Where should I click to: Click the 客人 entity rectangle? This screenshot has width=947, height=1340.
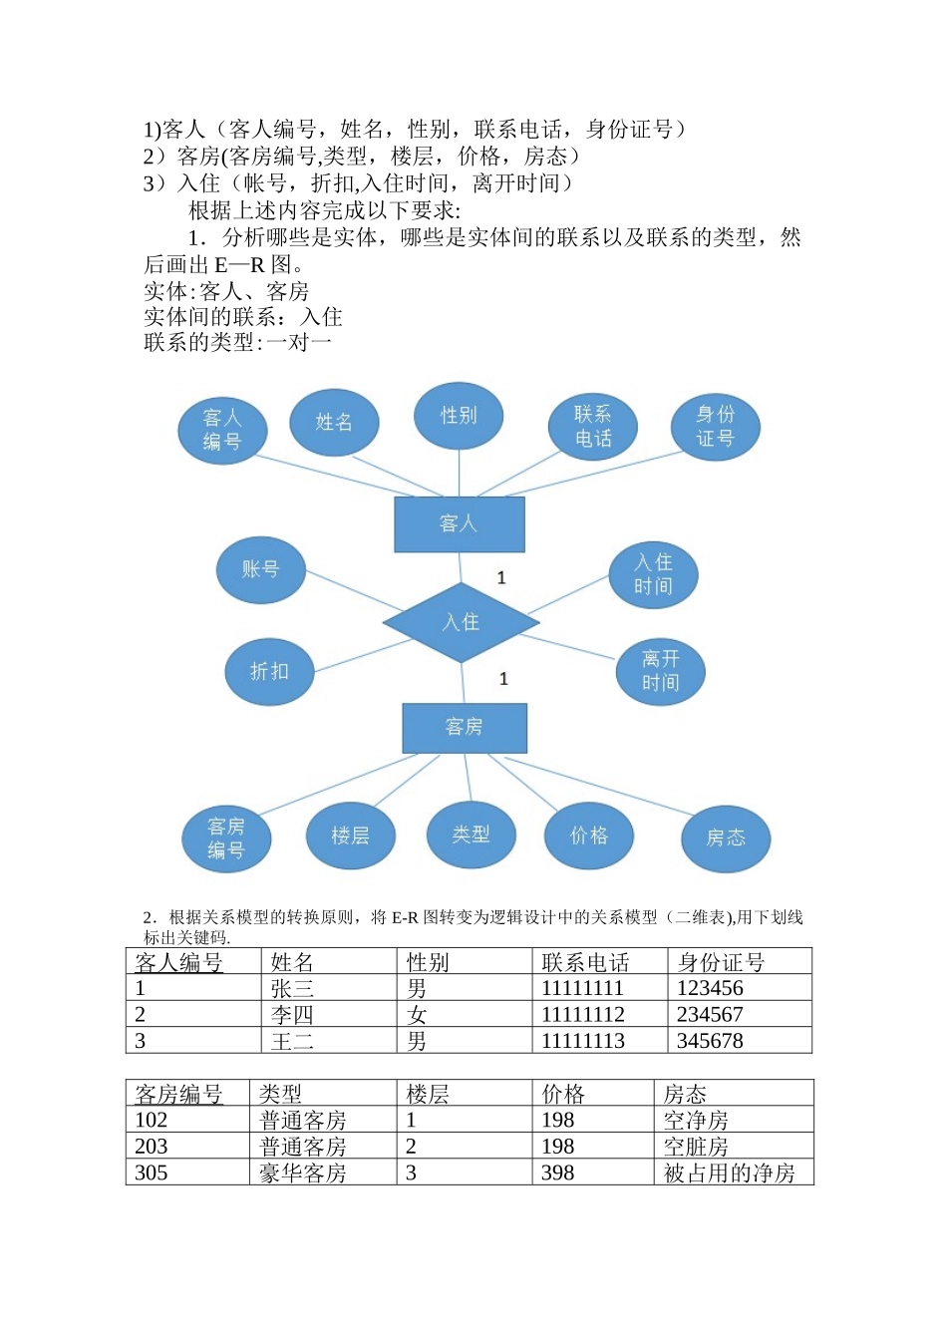pos(459,523)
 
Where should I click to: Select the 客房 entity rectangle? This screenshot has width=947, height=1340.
pos(464,728)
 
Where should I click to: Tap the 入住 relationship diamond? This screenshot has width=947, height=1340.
pos(461,622)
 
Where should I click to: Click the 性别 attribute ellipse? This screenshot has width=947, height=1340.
pos(459,415)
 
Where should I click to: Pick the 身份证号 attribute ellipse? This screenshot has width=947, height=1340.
pos(715,426)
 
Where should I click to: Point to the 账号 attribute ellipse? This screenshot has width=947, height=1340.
pos(260,569)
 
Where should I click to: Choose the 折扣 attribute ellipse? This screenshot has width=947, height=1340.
pos(269,671)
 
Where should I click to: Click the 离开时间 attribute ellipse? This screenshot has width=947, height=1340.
pos(660,671)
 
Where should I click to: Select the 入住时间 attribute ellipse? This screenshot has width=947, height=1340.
pos(653,574)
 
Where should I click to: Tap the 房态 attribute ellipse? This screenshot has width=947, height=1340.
pos(726,837)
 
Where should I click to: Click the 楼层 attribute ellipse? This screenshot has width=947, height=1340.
pos(350,836)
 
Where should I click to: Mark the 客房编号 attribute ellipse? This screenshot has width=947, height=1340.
pos(226,837)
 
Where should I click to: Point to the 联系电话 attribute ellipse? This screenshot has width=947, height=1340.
pos(592,426)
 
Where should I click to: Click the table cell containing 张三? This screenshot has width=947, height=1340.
pos(292,988)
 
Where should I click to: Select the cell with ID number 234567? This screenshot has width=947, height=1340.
pos(710,1014)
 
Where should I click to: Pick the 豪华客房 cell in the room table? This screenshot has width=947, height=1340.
pos(303,1172)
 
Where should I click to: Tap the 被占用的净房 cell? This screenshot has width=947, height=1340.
pos(730,1172)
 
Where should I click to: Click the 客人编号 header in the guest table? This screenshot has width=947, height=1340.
pos(179,962)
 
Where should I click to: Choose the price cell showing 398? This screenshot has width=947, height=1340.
pos(558,1172)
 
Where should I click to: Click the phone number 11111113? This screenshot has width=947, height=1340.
pos(583,1040)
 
